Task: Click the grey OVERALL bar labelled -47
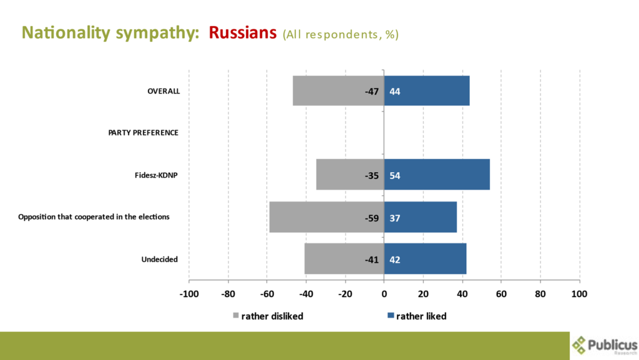click(x=338, y=91)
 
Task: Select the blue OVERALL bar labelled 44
click(x=427, y=91)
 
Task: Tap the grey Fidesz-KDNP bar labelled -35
click(x=349, y=175)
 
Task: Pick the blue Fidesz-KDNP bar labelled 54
click(x=437, y=175)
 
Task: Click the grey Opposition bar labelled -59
click(x=326, y=217)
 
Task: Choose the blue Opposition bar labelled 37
click(x=420, y=217)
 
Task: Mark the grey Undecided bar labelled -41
click(x=344, y=259)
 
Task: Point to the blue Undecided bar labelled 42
click(x=425, y=259)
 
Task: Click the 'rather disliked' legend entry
click(x=268, y=316)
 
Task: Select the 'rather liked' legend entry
click(x=416, y=316)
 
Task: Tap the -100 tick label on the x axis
click(x=188, y=293)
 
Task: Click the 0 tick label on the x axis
click(x=384, y=293)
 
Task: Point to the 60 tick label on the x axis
click(x=501, y=293)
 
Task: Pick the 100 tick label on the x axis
click(x=579, y=293)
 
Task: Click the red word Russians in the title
click(x=243, y=32)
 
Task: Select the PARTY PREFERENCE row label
click(x=143, y=133)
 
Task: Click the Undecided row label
click(x=160, y=259)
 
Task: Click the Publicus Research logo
click(x=604, y=345)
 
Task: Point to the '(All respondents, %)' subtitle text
click(x=340, y=34)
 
